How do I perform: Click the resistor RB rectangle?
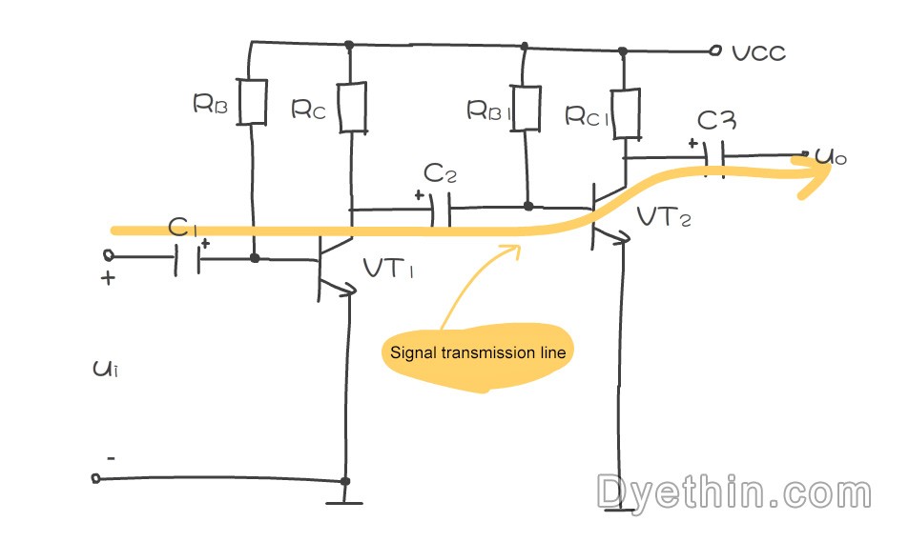pos(252,102)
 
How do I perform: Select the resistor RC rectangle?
pos(352,108)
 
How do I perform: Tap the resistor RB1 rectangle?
pos(526,109)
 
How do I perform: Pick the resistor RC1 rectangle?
pos(626,113)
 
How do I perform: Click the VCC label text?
pos(759,52)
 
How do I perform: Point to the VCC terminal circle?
pos(716,50)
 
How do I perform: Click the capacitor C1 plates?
pos(187,259)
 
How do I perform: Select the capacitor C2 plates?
pos(442,209)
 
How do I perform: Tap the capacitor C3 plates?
pos(714,158)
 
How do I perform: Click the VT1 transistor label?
pos(388,268)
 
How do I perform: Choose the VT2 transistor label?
pos(664,216)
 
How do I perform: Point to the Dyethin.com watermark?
pos(733,492)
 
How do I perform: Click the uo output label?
pos(831,156)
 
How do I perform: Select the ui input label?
pos(106,369)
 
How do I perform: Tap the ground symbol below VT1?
pos(344,502)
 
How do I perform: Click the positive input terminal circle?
pos(108,254)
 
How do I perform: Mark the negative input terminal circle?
pos(96,478)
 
